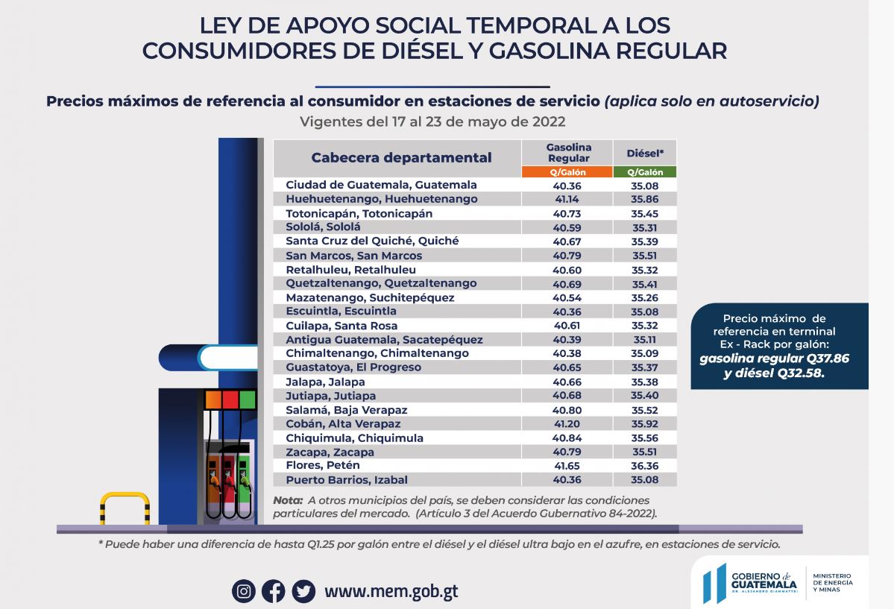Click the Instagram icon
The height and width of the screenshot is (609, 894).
coord(243,591)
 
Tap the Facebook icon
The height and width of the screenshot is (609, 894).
coord(273,591)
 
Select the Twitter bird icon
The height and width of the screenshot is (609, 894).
coord(303,591)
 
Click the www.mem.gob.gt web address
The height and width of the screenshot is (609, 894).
coord(391,592)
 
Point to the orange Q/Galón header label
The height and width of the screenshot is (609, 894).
coord(568,172)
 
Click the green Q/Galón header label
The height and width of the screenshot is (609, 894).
coord(645,172)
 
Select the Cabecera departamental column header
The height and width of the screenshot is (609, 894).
coord(401,158)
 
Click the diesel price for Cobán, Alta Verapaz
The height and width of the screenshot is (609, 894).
coord(645,424)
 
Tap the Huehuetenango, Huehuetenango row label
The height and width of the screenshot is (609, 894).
coord(382,199)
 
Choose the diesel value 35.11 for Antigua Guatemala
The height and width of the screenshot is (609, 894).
coord(645,339)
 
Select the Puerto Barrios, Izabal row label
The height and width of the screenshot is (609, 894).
coord(347,480)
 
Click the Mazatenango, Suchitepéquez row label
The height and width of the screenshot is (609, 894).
coord(370,297)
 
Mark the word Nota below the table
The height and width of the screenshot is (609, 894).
coord(288,500)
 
